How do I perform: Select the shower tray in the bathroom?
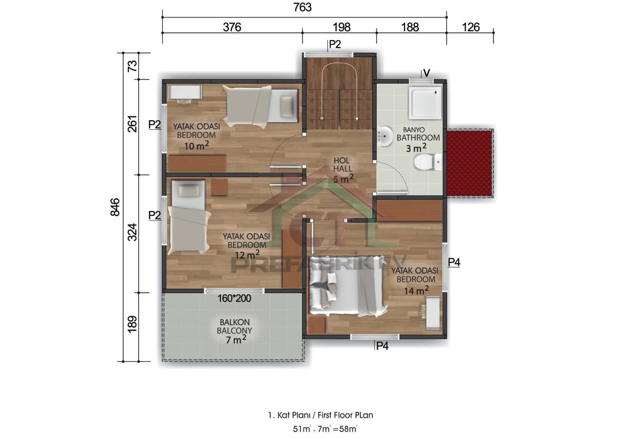(425, 103)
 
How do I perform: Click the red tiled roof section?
(469, 163)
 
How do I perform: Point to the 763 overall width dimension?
(303, 8)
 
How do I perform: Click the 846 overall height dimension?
(115, 207)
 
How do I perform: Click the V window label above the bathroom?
(427, 73)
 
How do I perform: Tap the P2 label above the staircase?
(335, 45)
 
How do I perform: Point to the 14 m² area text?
(416, 289)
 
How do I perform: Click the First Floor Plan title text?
(320, 415)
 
